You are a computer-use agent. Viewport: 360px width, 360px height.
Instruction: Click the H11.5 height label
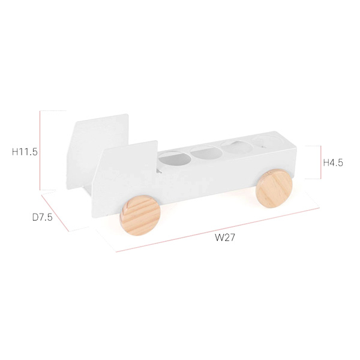click(25, 152)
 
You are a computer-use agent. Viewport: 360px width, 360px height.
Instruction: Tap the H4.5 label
click(333, 163)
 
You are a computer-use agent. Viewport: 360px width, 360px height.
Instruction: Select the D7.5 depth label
click(43, 217)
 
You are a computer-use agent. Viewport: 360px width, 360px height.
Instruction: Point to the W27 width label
click(225, 238)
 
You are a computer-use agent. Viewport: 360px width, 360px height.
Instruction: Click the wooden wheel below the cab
click(140, 215)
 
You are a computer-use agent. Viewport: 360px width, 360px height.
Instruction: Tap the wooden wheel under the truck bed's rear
click(274, 188)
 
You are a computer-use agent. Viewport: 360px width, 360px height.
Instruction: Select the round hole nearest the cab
click(175, 158)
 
